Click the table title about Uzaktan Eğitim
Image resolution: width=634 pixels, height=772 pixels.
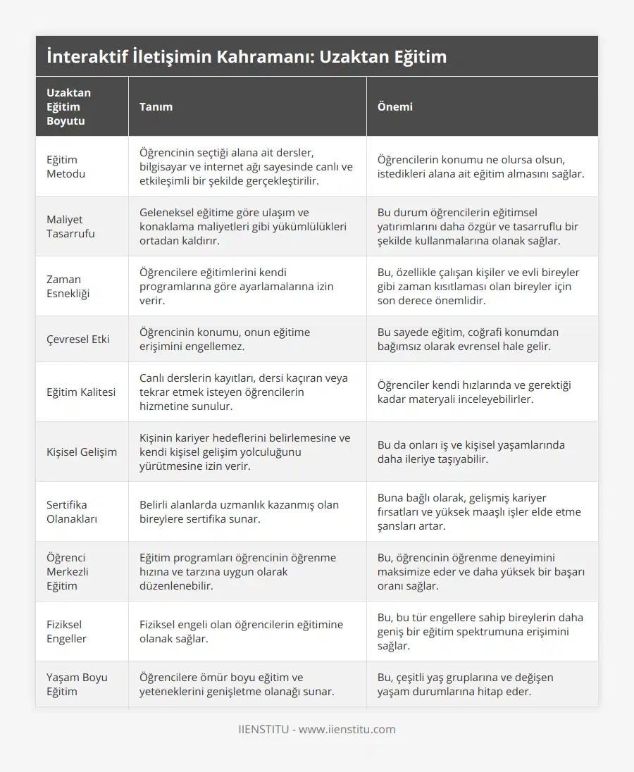[247, 56]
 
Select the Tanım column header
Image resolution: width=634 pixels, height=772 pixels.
[156, 106]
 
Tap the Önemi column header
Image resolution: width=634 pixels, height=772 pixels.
[395, 106]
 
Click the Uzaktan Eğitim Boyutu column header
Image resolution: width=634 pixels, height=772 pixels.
[68, 106]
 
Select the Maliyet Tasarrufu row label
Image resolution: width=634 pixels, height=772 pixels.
[70, 226]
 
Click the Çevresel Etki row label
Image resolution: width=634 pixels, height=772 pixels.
[79, 339]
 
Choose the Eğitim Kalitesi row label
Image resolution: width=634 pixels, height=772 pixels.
[81, 392]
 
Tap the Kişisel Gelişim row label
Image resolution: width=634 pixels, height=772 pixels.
[82, 452]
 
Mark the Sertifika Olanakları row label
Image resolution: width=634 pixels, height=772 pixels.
[72, 511]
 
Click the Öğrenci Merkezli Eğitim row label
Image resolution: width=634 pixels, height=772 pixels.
[68, 571]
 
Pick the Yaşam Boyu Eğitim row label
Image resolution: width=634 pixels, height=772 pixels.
[77, 684]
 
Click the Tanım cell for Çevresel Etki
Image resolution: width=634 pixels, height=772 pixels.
[224, 339]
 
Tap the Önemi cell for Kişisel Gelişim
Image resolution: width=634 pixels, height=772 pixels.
[471, 452]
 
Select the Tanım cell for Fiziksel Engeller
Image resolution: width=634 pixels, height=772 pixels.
[241, 631]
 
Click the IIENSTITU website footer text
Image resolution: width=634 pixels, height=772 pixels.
[317, 729]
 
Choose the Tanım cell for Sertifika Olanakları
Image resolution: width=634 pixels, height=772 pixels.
[239, 511]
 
